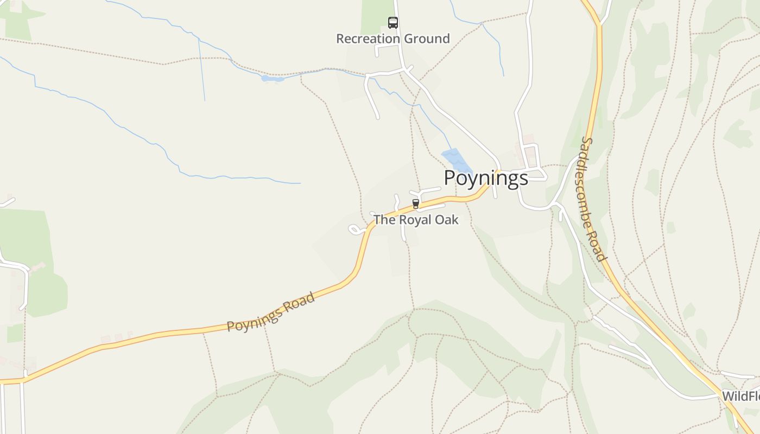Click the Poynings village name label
486,178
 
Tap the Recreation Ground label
392,39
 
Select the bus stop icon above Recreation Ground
392,22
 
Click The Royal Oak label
416,220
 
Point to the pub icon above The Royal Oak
416,203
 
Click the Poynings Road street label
271,312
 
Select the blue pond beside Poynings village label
456,160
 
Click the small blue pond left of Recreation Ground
272,79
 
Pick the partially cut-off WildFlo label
740,396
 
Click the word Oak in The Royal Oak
448,220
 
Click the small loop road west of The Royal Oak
355,230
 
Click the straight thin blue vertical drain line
201,71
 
